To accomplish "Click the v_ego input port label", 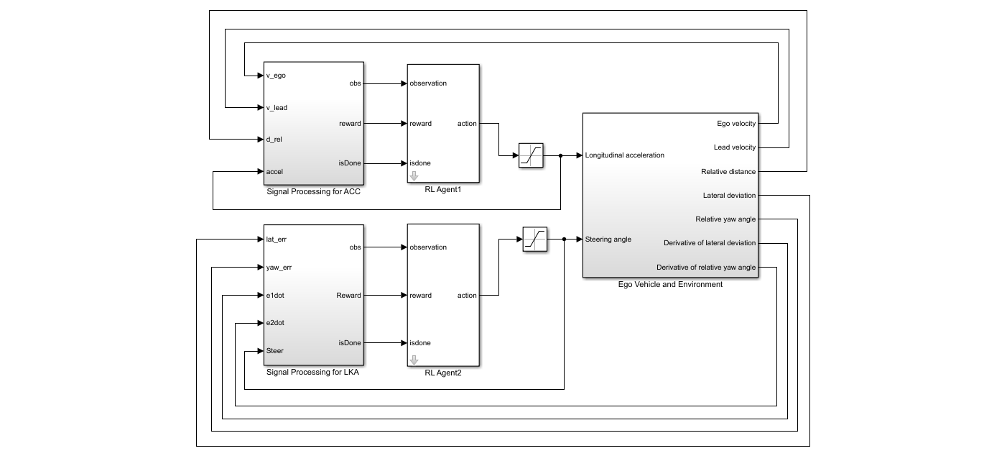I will (x=276, y=76).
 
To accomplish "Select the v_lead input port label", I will (x=277, y=108).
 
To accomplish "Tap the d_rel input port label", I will (x=274, y=140).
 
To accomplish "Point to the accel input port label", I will (x=274, y=172).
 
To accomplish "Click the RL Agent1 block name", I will (x=443, y=190).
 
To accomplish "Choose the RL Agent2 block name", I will (x=443, y=373).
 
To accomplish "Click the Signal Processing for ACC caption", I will (x=313, y=191).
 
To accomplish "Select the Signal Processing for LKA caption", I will (x=312, y=373).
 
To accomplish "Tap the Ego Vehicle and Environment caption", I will (x=670, y=284).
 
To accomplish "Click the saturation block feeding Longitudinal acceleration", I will (x=531, y=155).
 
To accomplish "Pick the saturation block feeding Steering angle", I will (x=535, y=240).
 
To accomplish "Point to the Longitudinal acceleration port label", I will (x=624, y=155).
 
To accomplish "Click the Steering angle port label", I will (x=608, y=240).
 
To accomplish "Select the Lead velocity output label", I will (x=736, y=147).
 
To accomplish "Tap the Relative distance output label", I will (x=728, y=172).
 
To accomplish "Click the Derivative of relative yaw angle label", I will (x=706, y=268).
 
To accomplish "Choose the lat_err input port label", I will (x=276, y=239).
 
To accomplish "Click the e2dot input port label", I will (x=275, y=323).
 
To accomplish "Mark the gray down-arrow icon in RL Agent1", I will (x=414, y=175).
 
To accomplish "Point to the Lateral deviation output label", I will (x=729, y=196).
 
